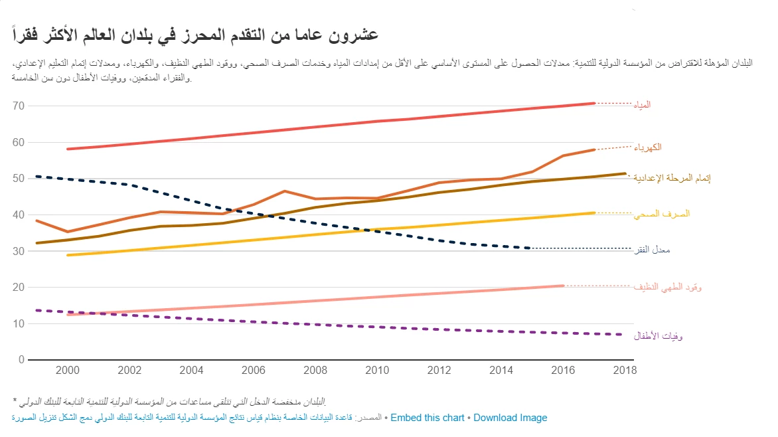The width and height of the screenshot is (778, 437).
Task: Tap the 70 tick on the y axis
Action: (18, 106)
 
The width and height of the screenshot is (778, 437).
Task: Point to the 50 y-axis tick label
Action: (18, 179)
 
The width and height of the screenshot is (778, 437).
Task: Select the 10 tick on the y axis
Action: (18, 324)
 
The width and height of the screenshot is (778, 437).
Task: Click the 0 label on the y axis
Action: (21, 360)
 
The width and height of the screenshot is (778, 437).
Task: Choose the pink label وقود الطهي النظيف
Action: (667, 287)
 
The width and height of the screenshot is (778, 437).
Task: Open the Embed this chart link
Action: (428, 418)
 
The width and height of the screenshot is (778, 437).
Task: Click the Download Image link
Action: (510, 418)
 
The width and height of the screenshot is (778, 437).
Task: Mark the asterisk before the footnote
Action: (15, 402)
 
